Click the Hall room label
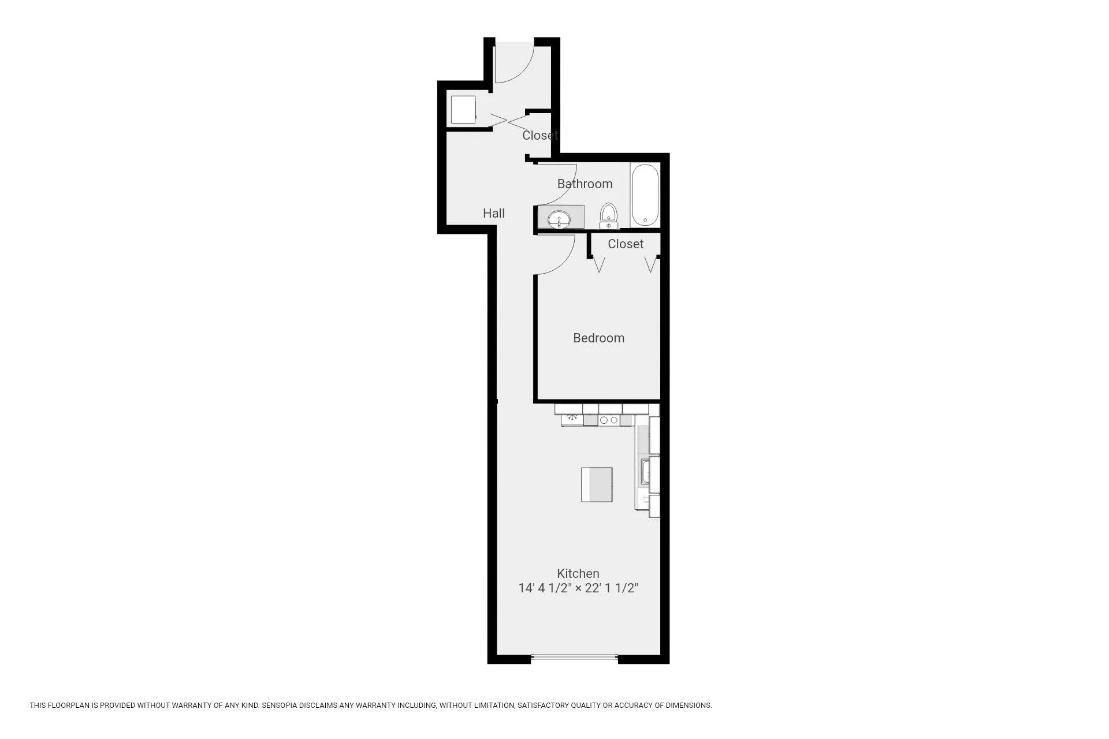pyautogui.click(x=494, y=213)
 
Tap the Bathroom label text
pyautogui.click(x=585, y=184)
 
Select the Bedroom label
pyautogui.click(x=598, y=338)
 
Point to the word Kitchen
pyautogui.click(x=578, y=573)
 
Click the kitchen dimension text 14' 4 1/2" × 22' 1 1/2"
pyautogui.click(x=578, y=588)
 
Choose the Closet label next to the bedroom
pyautogui.click(x=625, y=244)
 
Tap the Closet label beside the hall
pyautogui.click(x=539, y=135)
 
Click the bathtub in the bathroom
pyautogui.click(x=645, y=195)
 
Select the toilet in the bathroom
pyautogui.click(x=608, y=216)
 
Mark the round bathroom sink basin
pyautogui.click(x=559, y=219)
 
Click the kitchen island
pyautogui.click(x=597, y=484)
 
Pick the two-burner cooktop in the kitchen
pyautogui.click(x=609, y=420)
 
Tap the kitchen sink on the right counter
pyautogui.click(x=645, y=471)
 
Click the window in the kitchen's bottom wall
pyautogui.click(x=574, y=656)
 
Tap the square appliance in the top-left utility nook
pyautogui.click(x=463, y=110)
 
